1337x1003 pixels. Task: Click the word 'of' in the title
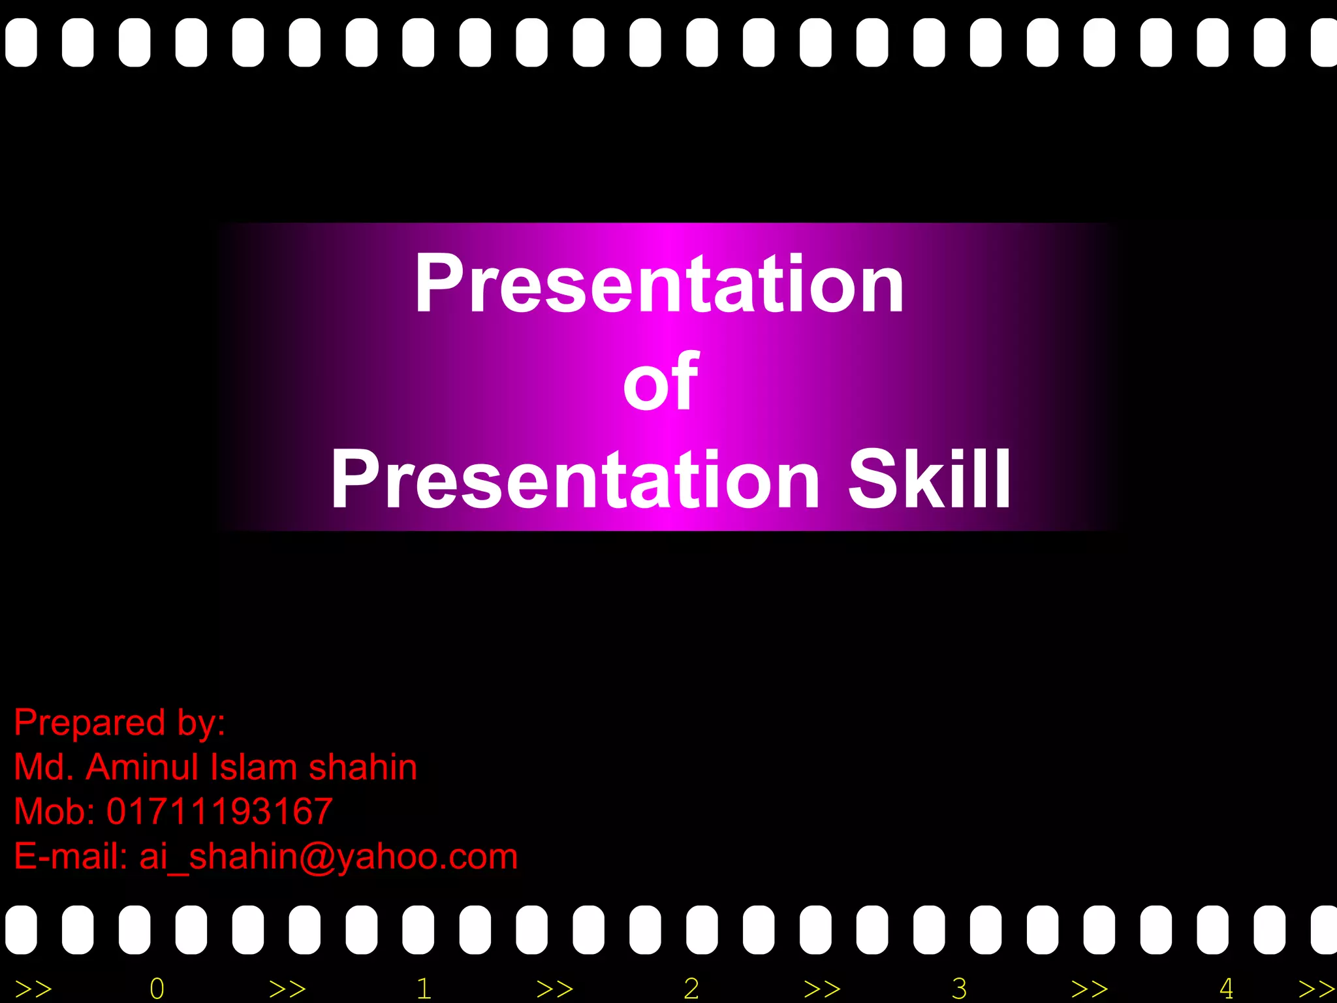661,383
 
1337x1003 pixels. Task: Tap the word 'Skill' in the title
930,481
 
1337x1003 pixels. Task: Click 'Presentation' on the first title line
659,283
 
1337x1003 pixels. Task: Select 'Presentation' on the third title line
574,481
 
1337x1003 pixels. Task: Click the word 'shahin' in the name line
362,767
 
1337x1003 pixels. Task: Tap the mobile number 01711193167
219,812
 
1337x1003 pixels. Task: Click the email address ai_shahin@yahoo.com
328,857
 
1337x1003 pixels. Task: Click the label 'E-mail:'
71,857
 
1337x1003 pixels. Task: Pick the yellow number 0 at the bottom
157,989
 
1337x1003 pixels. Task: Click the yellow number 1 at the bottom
424,989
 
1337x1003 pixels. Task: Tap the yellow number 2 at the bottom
691,989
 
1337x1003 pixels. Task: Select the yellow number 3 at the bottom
959,989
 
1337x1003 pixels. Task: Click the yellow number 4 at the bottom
1226,989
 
